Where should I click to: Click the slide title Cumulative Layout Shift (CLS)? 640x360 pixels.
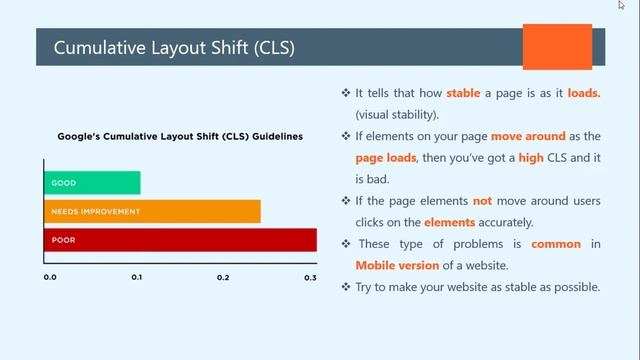[x=173, y=48]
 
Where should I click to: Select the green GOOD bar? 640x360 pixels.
[x=92, y=183]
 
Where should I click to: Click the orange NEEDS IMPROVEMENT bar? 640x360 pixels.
[x=152, y=211]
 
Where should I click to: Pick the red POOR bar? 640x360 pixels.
[x=180, y=240]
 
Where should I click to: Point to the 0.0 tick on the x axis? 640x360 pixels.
[x=50, y=277]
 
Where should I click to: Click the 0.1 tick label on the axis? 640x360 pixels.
[x=136, y=277]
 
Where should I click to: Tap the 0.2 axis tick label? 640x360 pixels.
[x=223, y=277]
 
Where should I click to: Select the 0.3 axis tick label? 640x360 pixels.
[x=310, y=277]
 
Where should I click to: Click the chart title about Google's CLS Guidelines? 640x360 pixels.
[x=180, y=136]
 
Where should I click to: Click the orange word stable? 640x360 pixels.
[x=463, y=93]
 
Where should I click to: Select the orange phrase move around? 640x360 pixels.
[x=528, y=136]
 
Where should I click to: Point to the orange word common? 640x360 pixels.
[x=556, y=244]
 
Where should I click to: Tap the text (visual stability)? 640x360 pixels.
[x=397, y=115]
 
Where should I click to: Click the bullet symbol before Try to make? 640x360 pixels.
[x=346, y=288]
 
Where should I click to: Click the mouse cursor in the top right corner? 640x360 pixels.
[x=621, y=5]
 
